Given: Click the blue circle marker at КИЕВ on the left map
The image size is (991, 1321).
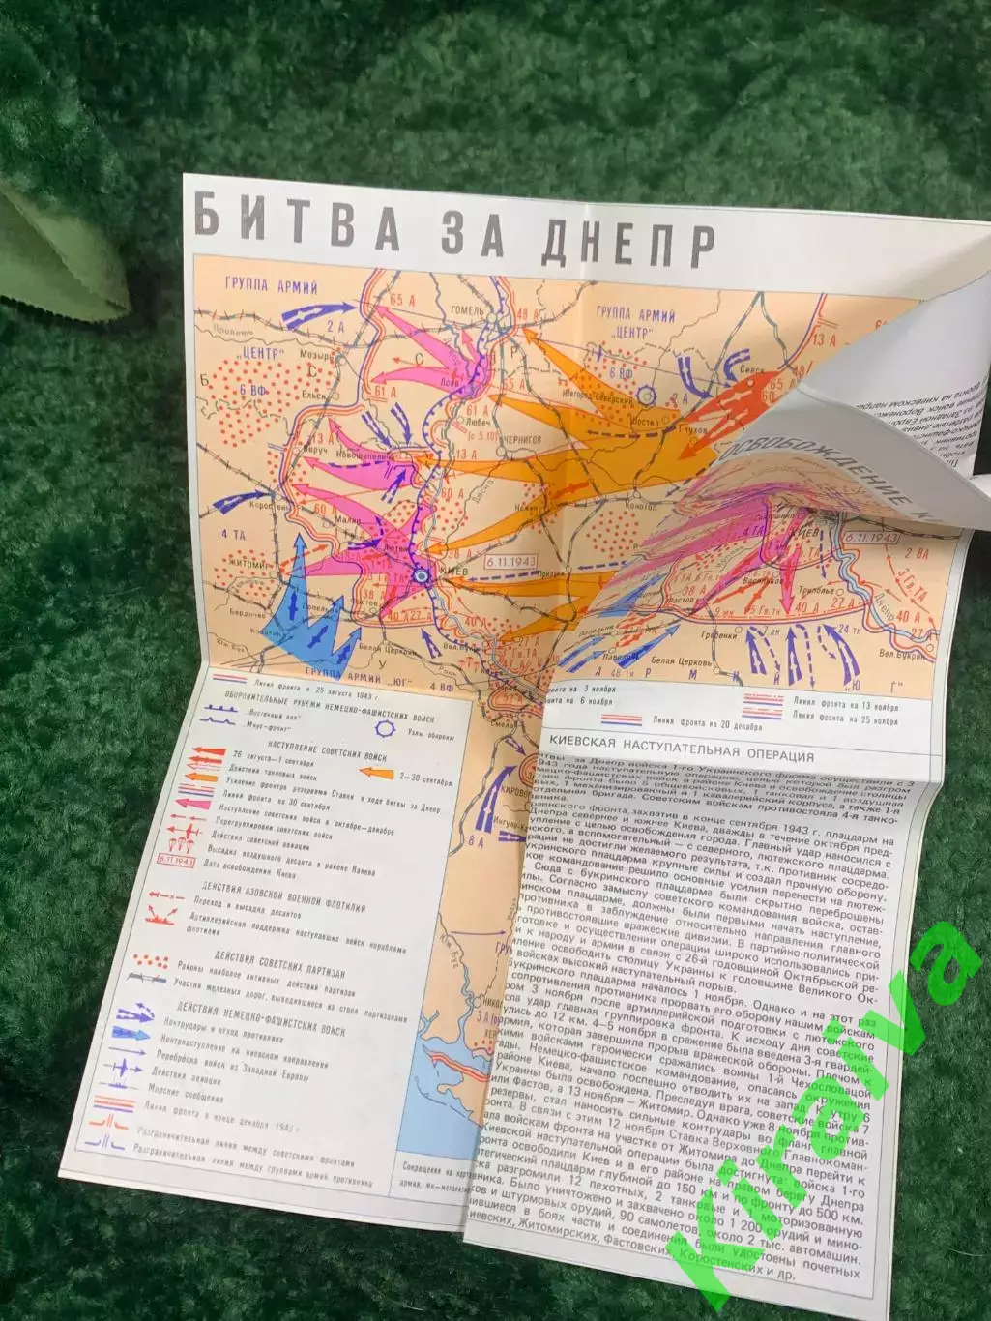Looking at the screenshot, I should (x=420, y=575).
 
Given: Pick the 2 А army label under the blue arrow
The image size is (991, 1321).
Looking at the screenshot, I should (x=335, y=327).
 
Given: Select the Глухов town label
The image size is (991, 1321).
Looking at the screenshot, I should (x=694, y=426).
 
